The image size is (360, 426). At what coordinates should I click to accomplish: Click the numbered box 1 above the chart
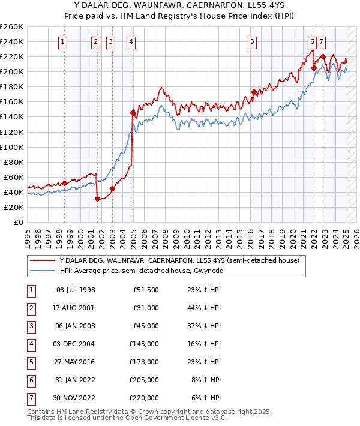[64, 41]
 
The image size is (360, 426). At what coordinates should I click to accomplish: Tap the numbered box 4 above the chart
[131, 41]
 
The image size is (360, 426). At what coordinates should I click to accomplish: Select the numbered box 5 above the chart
[251, 41]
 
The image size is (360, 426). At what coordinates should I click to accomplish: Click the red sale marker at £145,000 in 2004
[133, 112]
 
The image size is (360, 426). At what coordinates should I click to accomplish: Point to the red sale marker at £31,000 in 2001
[97, 199]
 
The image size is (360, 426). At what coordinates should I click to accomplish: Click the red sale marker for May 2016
[254, 92]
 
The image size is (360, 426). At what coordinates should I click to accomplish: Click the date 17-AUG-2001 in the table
[76, 308]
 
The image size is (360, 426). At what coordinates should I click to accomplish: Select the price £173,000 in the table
[146, 362]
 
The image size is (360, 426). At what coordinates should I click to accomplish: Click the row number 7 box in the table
[30, 398]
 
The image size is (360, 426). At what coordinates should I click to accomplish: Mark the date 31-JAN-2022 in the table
[76, 380]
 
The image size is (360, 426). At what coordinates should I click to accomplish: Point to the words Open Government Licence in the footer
[169, 418]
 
